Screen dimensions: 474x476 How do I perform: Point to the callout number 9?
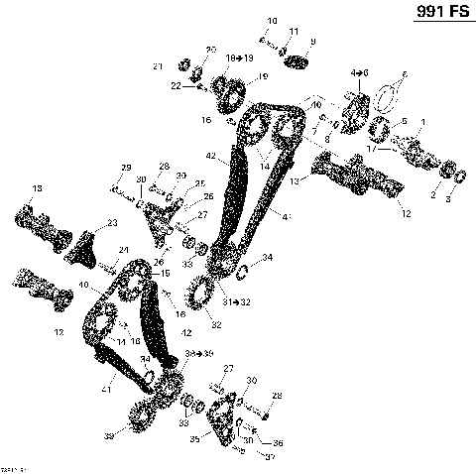coord(313,41)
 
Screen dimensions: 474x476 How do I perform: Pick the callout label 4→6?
coord(359,73)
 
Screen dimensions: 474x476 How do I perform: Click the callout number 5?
coord(403,121)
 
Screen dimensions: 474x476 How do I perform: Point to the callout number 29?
coord(126,166)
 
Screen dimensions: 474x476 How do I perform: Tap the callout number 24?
coord(124,249)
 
